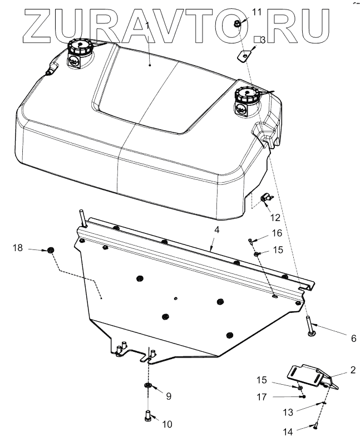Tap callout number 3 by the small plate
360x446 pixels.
click(x=262, y=40)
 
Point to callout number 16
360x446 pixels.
click(x=277, y=232)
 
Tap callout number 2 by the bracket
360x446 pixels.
click(x=353, y=369)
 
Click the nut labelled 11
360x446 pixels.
click(x=236, y=24)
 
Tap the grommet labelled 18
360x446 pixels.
click(x=51, y=251)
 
